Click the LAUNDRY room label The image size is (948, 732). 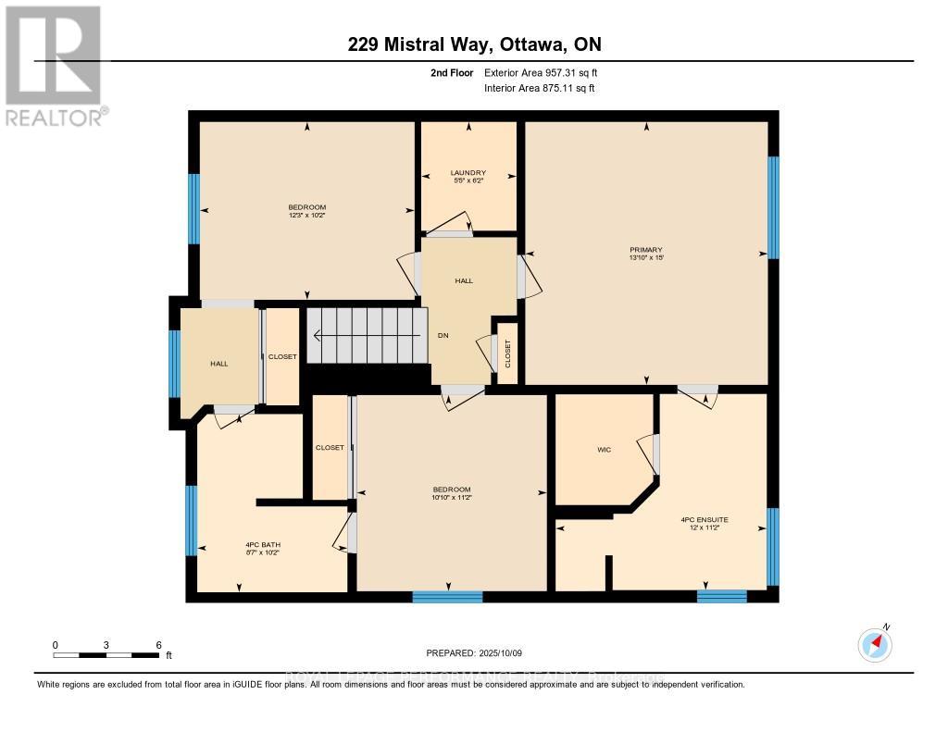468,172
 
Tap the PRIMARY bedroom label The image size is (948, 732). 646,248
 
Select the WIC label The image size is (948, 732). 605,451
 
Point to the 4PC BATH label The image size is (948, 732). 262,543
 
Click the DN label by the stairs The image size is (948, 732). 443,336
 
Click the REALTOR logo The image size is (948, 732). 54,65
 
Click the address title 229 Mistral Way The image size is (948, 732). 473,44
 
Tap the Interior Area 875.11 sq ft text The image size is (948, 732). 539,88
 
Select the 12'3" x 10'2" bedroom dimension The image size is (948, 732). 306,215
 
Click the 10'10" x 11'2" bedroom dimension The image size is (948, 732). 452,497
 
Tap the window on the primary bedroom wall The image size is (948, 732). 772,207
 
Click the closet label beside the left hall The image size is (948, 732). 282,357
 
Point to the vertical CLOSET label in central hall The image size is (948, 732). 507,354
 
